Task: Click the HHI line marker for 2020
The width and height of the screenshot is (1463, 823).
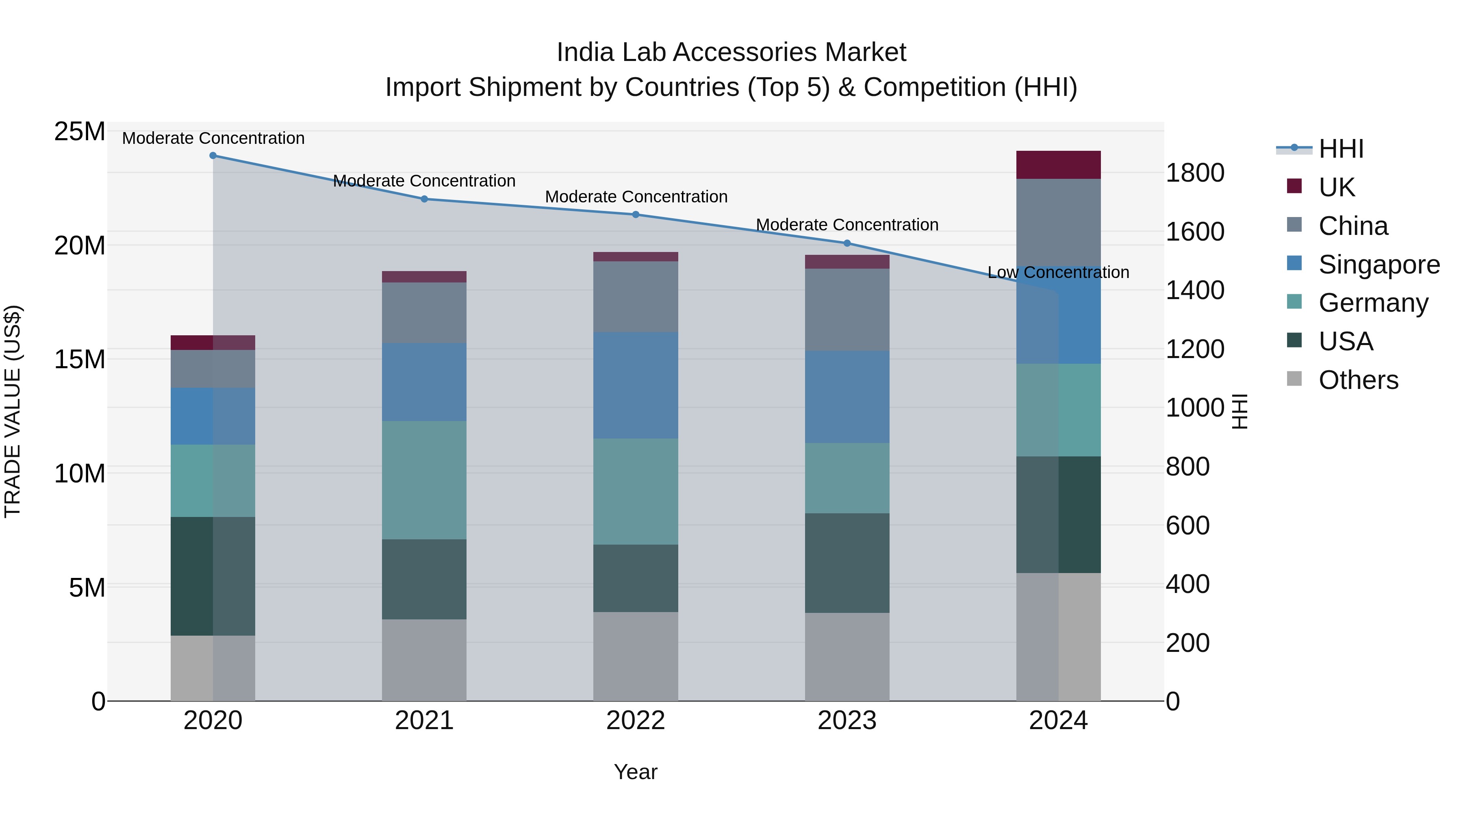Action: click(213, 156)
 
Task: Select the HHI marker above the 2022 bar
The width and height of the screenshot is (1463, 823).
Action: click(636, 215)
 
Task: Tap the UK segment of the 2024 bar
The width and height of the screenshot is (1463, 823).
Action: click(1058, 165)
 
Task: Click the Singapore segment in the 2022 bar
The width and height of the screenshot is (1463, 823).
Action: click(636, 385)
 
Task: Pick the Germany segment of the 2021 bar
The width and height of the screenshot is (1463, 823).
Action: click(424, 480)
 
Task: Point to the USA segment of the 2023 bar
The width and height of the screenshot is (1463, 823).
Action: click(847, 563)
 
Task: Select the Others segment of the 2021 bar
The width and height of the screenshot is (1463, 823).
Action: click(424, 660)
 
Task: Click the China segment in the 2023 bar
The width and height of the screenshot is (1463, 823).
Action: click(847, 310)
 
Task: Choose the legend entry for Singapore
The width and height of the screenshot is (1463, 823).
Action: click(1378, 265)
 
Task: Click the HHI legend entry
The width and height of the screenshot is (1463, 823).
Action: click(1340, 149)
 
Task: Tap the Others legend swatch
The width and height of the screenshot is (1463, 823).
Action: click(1294, 379)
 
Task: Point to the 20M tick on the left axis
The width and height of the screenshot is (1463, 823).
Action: click(80, 246)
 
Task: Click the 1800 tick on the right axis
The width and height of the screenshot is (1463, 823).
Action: click(1195, 173)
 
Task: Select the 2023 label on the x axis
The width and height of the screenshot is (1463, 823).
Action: click(847, 721)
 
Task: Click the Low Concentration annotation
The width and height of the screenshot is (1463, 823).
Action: click(1058, 273)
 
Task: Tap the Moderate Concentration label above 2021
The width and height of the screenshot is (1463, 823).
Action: click(424, 181)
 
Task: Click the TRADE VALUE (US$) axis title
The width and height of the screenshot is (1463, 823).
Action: click(13, 411)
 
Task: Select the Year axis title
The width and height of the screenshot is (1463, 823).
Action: click(636, 772)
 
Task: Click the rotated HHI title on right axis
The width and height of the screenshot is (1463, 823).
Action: click(1240, 411)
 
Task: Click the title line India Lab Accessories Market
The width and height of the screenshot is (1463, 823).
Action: click(731, 52)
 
